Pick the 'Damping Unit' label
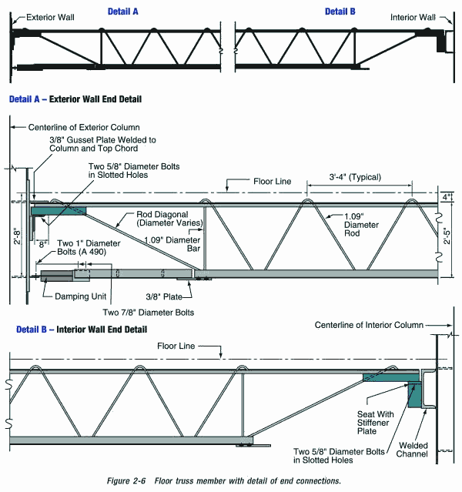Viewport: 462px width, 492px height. point(73,296)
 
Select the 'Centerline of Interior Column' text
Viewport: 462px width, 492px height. point(368,325)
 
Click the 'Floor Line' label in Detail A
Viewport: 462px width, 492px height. point(273,182)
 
